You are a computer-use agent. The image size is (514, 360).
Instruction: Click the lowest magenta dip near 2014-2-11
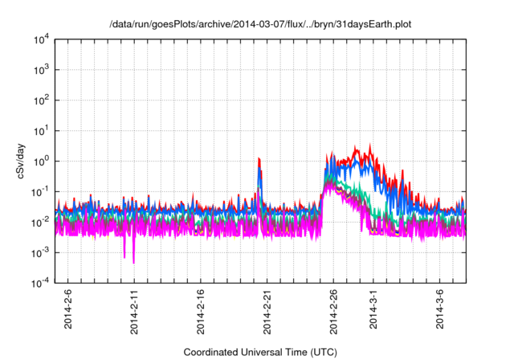point(134,262)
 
